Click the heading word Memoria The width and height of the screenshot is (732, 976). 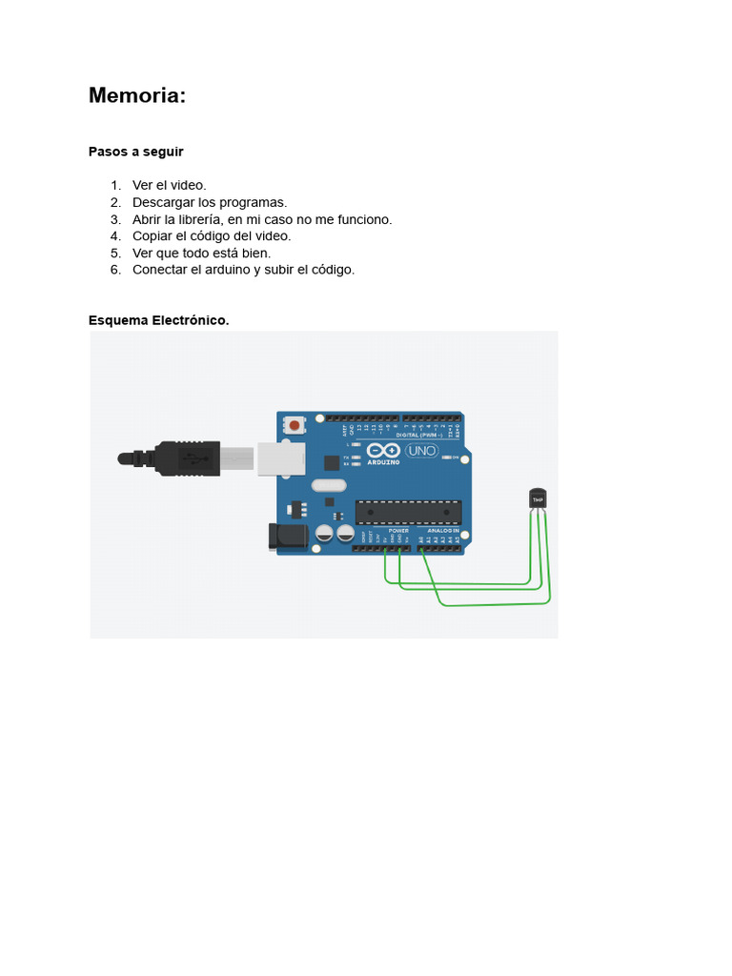136,95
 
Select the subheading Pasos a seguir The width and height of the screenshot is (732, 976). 135,152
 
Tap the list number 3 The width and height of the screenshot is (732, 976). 115,219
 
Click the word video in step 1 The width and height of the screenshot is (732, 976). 189,185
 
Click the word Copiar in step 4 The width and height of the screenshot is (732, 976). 152,235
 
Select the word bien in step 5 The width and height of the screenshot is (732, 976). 255,253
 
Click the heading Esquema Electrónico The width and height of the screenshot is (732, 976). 159,320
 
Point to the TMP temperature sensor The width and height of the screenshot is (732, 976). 539,498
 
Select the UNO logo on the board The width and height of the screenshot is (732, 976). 421,450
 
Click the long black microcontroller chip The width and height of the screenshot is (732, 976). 408,512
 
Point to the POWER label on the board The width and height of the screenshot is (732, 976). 398,531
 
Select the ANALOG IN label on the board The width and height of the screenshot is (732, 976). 442,531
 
